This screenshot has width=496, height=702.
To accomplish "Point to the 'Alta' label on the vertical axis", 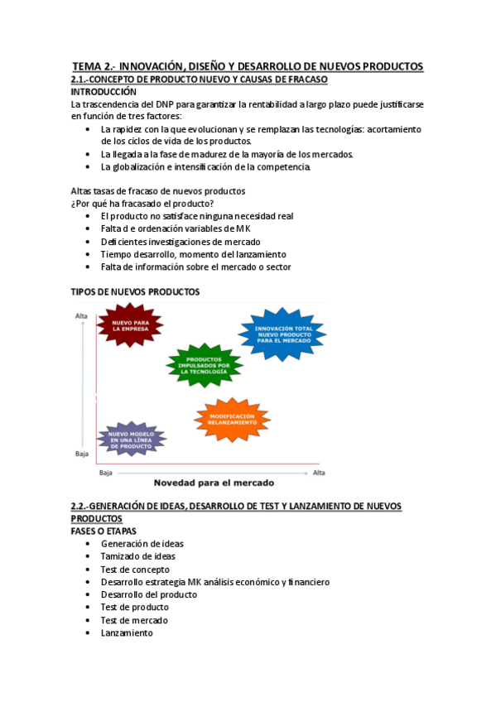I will [81, 316].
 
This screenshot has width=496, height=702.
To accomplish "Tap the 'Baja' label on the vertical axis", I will [81, 454].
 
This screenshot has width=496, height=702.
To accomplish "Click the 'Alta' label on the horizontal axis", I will [319, 473].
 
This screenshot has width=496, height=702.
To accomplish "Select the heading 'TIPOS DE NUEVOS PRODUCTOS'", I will [135, 291].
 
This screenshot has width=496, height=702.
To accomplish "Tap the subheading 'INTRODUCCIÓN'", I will [104, 92].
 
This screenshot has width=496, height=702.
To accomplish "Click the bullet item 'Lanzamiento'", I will [127, 632].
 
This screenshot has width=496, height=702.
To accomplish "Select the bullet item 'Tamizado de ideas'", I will [137, 556].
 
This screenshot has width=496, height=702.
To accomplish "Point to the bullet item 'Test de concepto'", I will [135, 570].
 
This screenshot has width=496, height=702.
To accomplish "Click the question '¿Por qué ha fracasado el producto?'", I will [142, 204].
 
